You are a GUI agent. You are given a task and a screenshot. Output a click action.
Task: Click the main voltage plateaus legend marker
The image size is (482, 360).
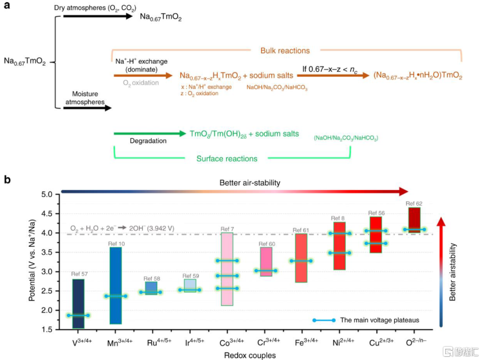pos(324,320)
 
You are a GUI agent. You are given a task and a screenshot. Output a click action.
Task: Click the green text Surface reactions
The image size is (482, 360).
pos(227,158)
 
